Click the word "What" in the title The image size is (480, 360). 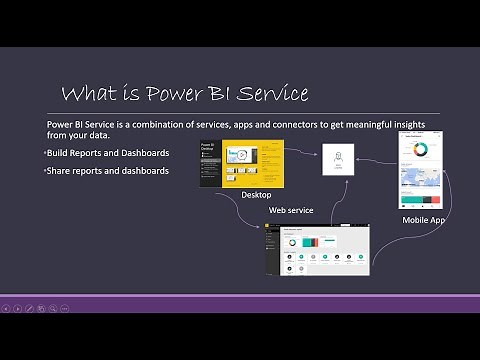coord(87,94)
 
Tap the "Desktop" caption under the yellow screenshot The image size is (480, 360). coord(256,195)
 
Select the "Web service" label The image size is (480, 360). coord(291,210)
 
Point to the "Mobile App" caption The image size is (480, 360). coord(424,219)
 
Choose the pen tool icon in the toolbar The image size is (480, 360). coord(30,308)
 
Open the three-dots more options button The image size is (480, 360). coord(64,308)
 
